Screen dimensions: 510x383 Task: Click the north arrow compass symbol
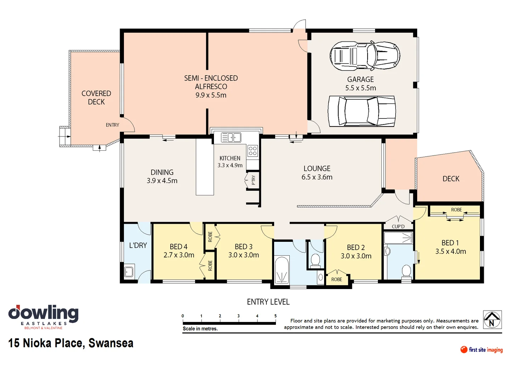492,320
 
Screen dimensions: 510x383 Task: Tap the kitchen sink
231,137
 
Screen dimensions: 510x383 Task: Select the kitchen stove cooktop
252,151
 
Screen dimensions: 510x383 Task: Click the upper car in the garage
365,56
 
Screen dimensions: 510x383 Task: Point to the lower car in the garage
362,111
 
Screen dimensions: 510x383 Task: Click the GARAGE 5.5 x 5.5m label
361,84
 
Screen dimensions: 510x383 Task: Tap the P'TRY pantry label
253,180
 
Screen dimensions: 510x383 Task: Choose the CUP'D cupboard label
398,226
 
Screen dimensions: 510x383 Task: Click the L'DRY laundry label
138,245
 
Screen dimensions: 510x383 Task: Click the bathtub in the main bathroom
282,270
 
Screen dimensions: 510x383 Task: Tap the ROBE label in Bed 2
336,279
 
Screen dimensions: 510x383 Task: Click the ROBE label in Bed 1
456,210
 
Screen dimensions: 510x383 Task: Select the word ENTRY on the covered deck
113,125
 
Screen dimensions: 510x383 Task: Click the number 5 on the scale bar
275,316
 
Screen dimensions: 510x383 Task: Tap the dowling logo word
43,313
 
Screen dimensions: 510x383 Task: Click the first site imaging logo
481,350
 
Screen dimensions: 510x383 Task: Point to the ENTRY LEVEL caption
268,302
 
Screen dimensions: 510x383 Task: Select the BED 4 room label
178,246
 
